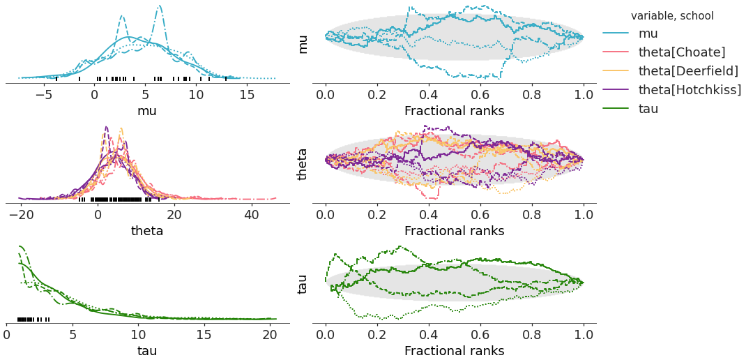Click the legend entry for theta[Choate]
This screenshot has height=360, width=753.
coord(681,52)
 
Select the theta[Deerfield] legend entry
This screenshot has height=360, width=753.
coord(688,70)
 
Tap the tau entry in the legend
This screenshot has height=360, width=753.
coord(648,108)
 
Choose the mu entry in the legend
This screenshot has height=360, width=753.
coord(648,33)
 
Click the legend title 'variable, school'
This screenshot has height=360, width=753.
coord(672,15)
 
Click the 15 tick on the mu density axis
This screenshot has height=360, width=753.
coord(247,94)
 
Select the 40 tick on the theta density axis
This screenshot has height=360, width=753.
coord(252,214)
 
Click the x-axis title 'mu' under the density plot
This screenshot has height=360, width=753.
coord(147,110)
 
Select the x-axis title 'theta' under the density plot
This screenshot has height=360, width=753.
coord(147,230)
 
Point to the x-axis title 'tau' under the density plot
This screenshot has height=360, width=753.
coord(147,350)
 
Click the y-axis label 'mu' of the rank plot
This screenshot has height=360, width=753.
coord(303,43)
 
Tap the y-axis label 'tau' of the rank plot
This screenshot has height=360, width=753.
coord(303,283)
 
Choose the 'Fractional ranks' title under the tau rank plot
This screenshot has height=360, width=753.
coord(454,350)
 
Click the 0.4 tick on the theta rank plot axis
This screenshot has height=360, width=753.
coord(429,214)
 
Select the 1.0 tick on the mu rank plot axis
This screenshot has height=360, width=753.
coord(584,94)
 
